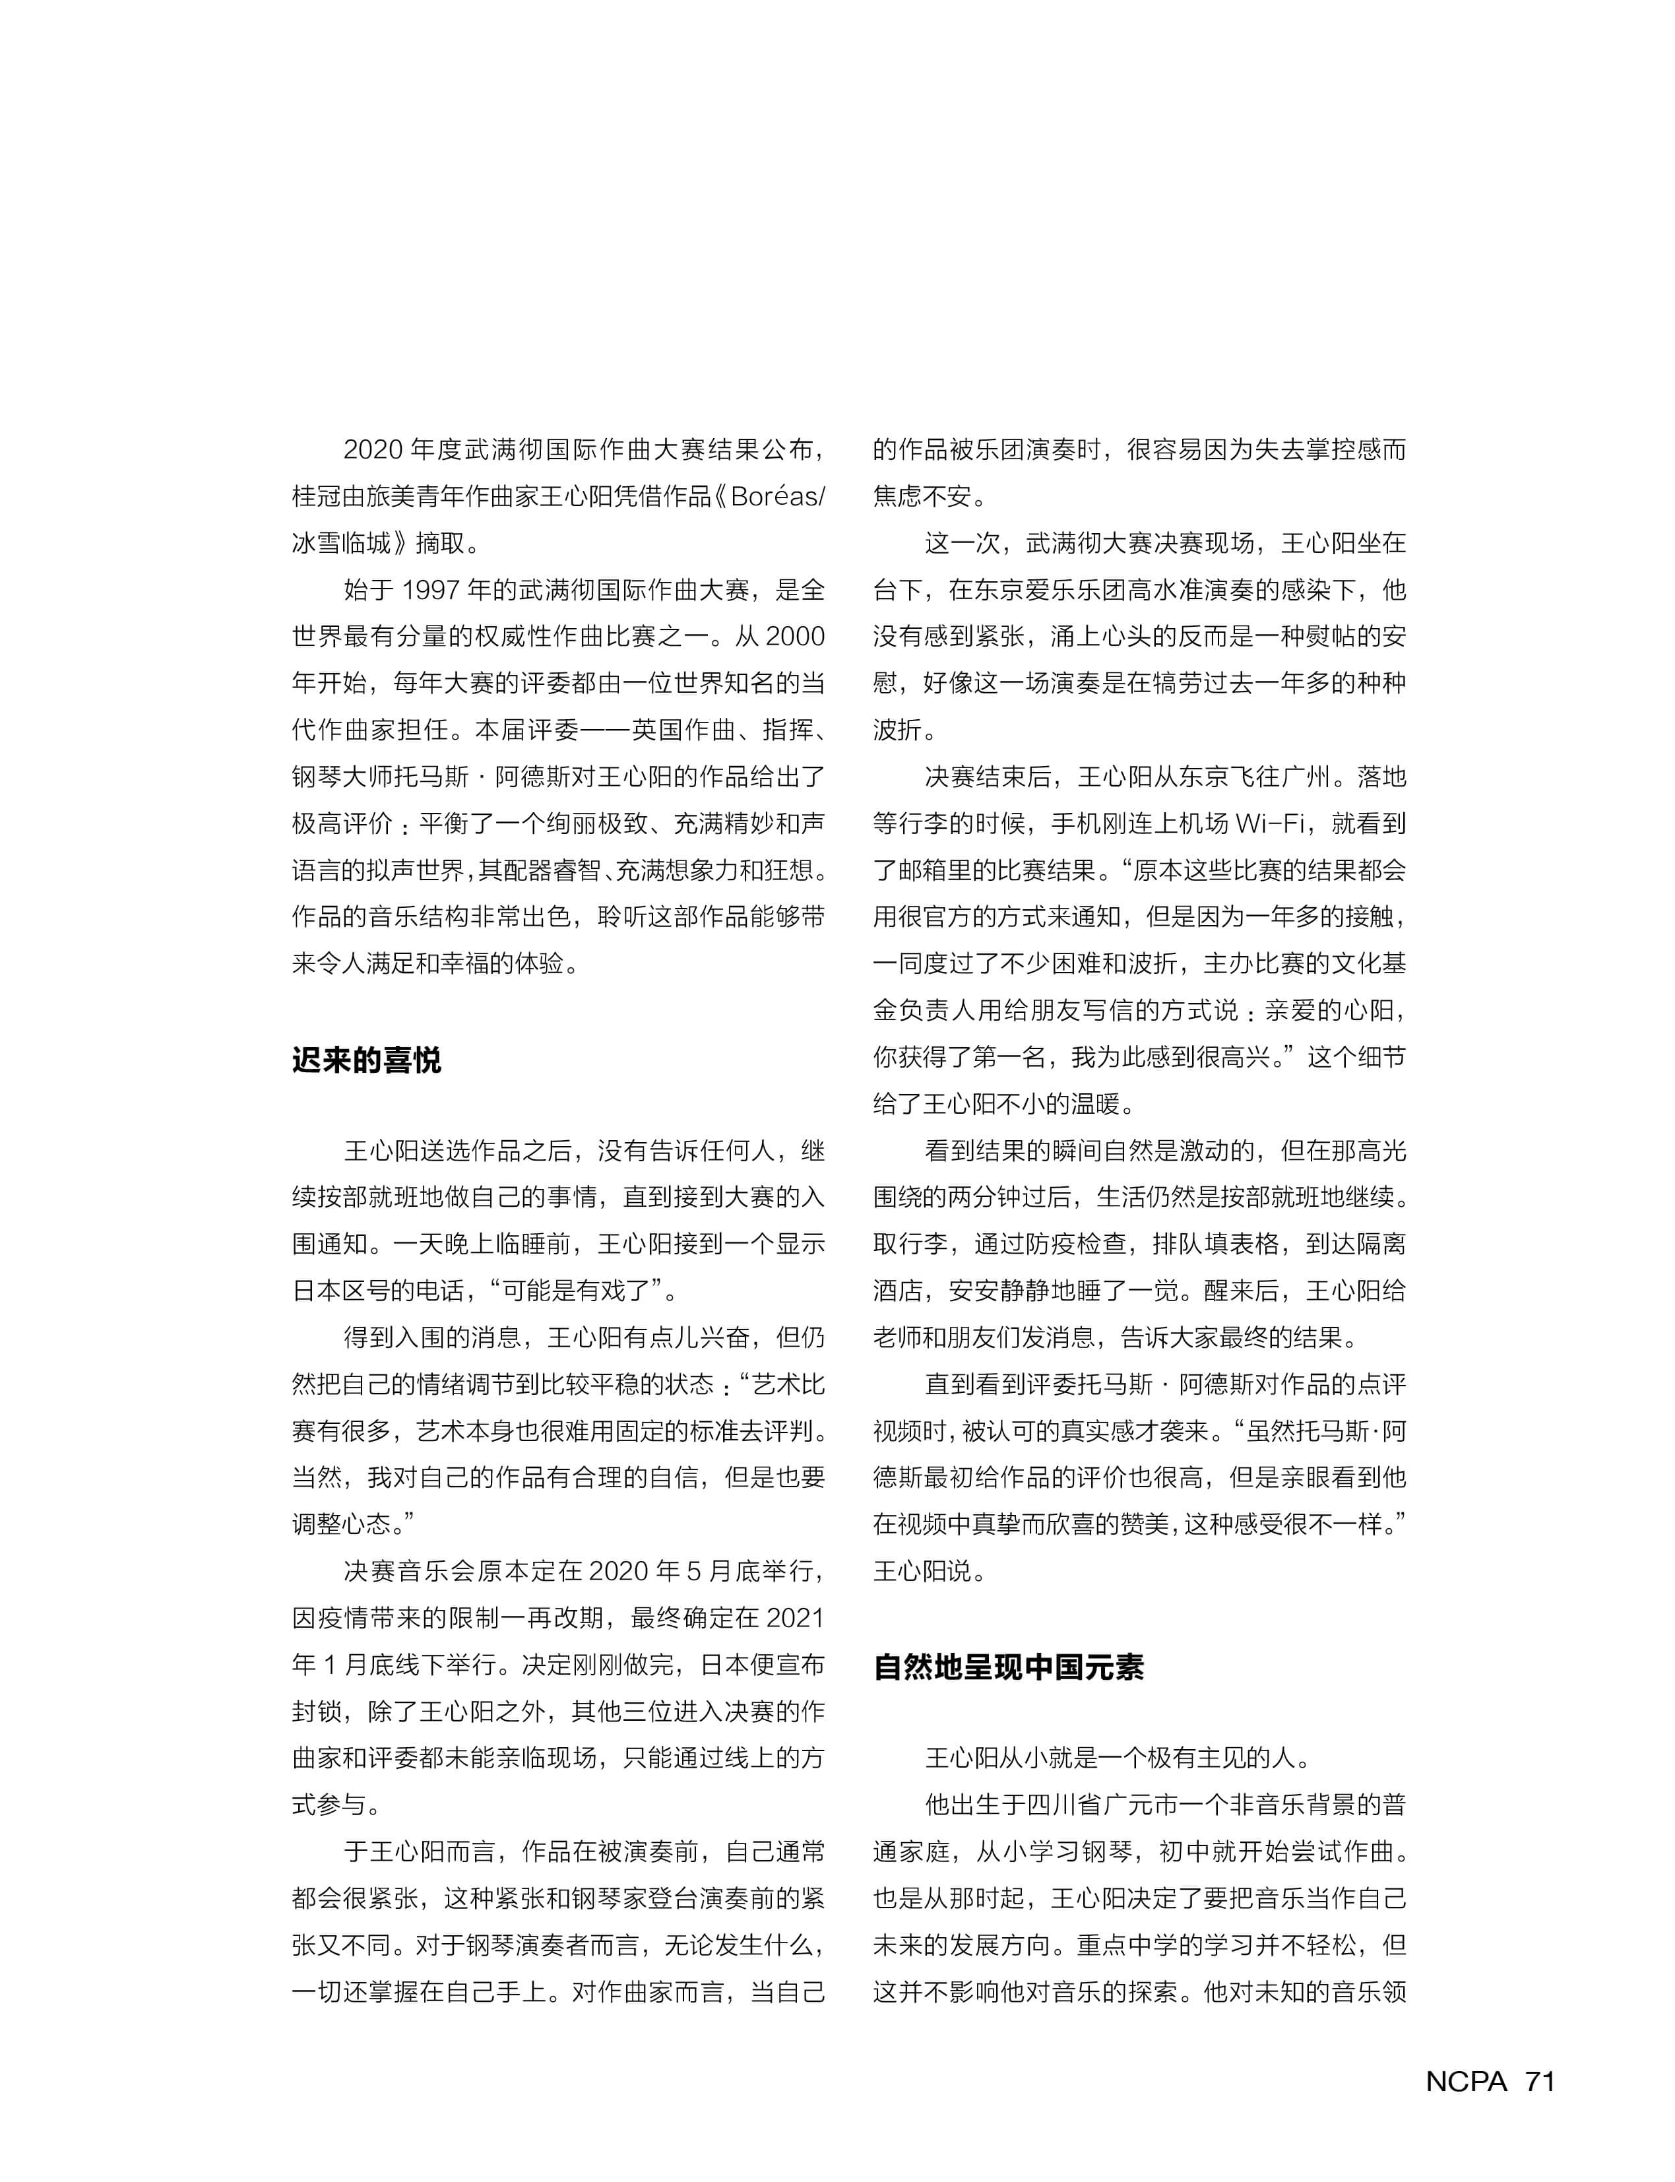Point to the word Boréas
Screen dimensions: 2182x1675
774,497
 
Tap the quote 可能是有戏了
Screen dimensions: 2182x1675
577,1291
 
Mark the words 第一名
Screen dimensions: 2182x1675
1029,1057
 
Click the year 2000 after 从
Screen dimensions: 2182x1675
796,636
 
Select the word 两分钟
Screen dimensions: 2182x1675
1008,1198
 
